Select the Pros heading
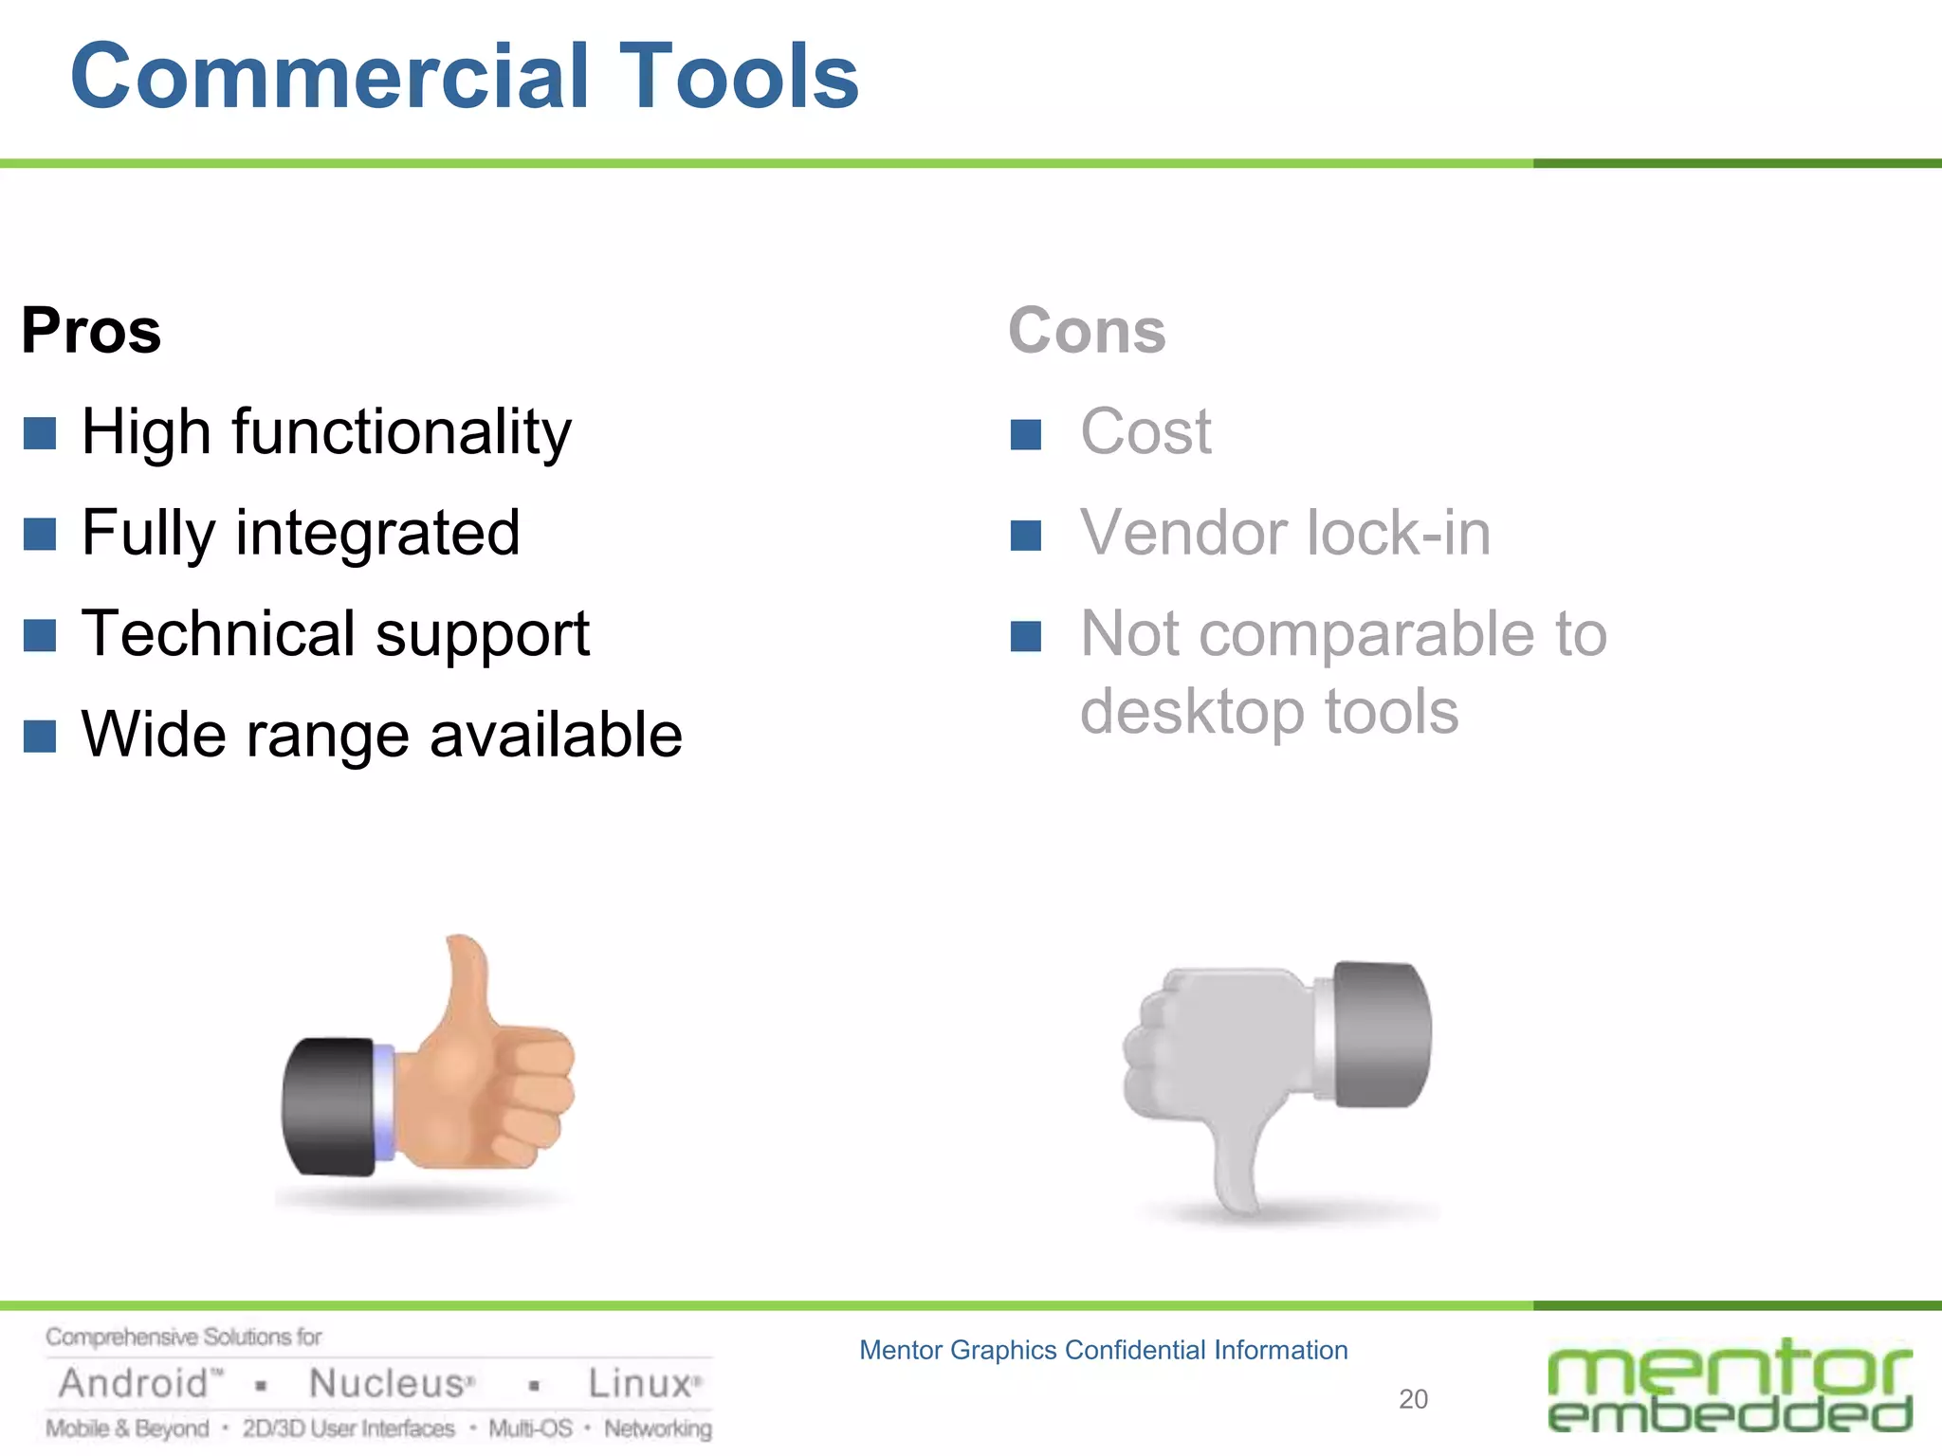91,331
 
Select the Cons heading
1087,331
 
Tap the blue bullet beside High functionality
40,433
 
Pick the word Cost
1145,432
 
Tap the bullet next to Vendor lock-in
1026,536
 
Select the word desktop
1192,713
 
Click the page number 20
1413,1399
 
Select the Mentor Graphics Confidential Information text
1103,1350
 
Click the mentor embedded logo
1730,1386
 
